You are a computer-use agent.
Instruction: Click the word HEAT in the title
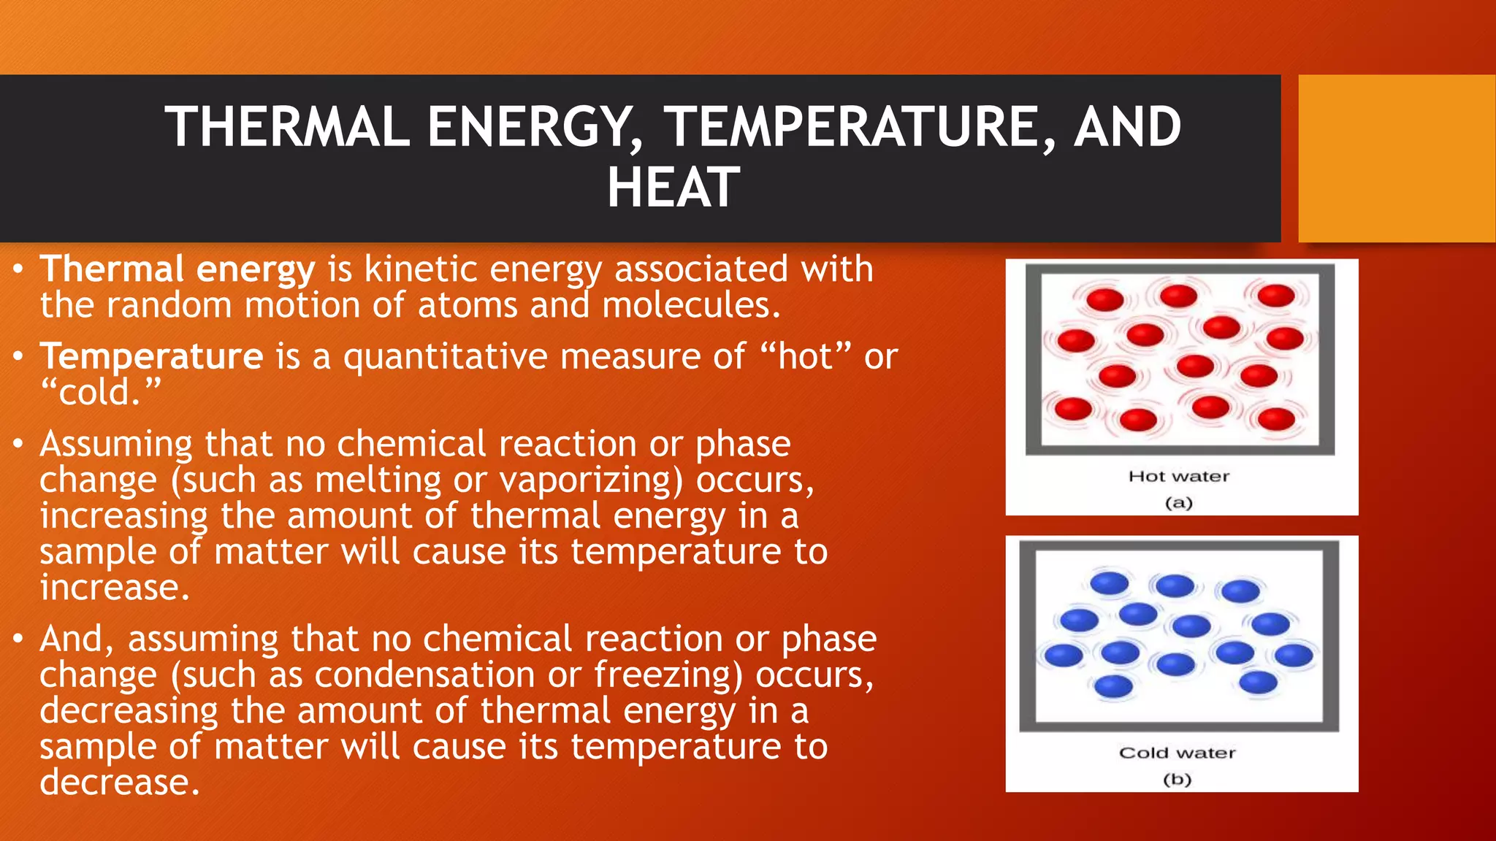pyautogui.click(x=673, y=188)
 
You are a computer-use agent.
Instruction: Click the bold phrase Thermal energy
pyautogui.click(x=178, y=269)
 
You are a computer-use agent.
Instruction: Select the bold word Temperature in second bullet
pyautogui.click(x=151, y=357)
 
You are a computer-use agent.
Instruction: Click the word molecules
pyautogui.click(x=690, y=305)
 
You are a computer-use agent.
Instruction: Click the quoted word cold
pyautogui.click(x=99, y=393)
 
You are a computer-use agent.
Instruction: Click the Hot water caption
pyautogui.click(x=1178, y=477)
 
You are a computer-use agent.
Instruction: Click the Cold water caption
pyautogui.click(x=1177, y=753)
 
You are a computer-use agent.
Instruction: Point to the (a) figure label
pyautogui.click(x=1178, y=502)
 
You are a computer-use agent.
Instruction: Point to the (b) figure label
pyautogui.click(x=1177, y=779)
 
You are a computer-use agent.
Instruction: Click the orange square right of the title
pyautogui.click(x=1396, y=158)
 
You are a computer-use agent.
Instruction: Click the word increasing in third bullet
pyautogui.click(x=123, y=516)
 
